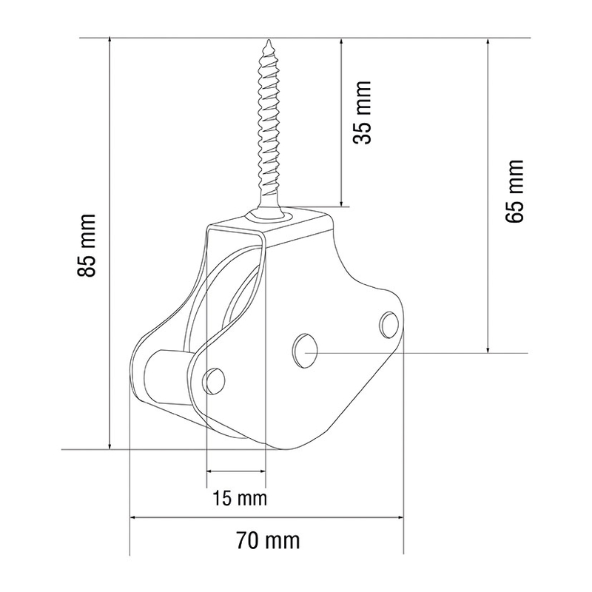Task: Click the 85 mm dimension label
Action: tap(87, 246)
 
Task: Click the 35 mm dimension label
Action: tap(362, 112)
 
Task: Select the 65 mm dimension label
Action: tap(514, 191)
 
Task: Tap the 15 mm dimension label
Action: tap(239, 498)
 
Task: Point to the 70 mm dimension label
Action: tap(269, 540)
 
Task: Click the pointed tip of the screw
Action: tap(269, 40)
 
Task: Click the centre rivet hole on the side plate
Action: tap(305, 351)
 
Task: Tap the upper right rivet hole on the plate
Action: tap(389, 324)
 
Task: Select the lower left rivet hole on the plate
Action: tap(214, 380)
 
